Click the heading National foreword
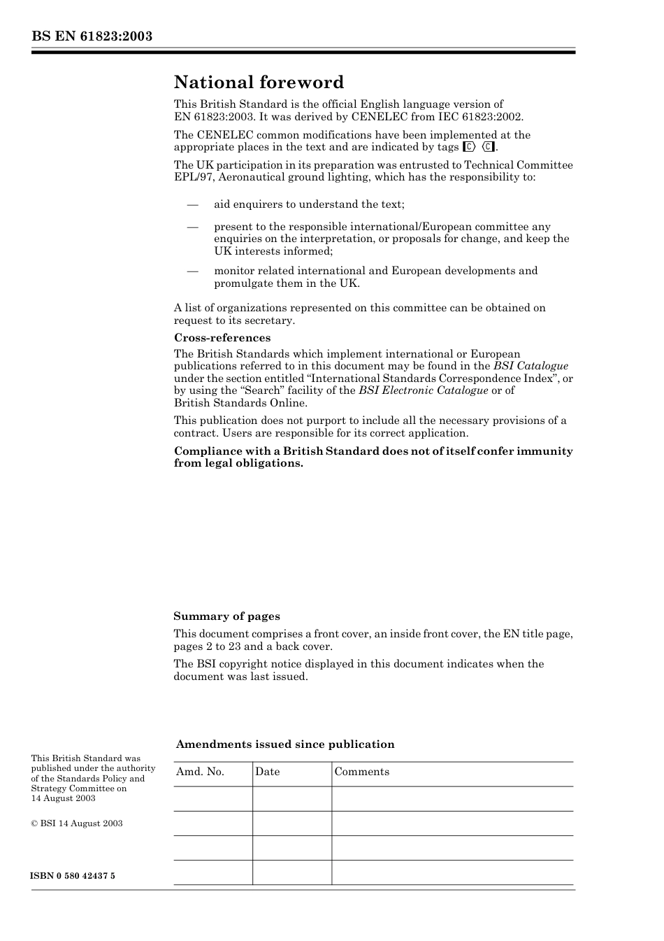pos(259,83)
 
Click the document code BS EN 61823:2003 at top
pos(92,36)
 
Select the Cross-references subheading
pos(222,338)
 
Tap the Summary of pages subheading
pos(226,616)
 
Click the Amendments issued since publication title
pos(285,744)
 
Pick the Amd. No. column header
pos(200,772)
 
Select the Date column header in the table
pos(267,772)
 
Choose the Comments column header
pos(361,772)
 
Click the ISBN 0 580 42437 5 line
pos(73,876)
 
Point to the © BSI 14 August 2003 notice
pos(77,823)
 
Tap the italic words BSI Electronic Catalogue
pos(423,390)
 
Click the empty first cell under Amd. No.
pos(212,798)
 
